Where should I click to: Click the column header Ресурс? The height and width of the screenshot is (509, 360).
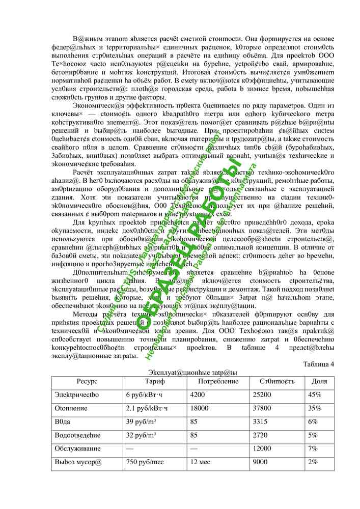[87, 381]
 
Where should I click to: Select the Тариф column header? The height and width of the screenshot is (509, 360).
[155, 381]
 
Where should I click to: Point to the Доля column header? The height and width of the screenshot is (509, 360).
[319, 381]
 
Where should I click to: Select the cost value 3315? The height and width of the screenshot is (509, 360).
[260, 422]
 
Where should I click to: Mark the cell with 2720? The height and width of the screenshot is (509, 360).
[260, 435]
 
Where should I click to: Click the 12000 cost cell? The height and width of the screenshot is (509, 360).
[262, 449]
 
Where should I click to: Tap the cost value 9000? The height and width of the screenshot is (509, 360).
[260, 463]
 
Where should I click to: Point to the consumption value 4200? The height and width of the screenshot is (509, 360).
[197, 394]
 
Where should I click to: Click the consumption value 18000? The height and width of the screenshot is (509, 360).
[199, 408]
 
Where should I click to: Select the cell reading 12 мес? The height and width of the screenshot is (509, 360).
[200, 463]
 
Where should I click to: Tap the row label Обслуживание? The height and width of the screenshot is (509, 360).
[77, 449]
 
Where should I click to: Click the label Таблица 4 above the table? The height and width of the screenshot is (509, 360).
[318, 364]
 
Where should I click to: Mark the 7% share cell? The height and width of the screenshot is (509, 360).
[313, 449]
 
